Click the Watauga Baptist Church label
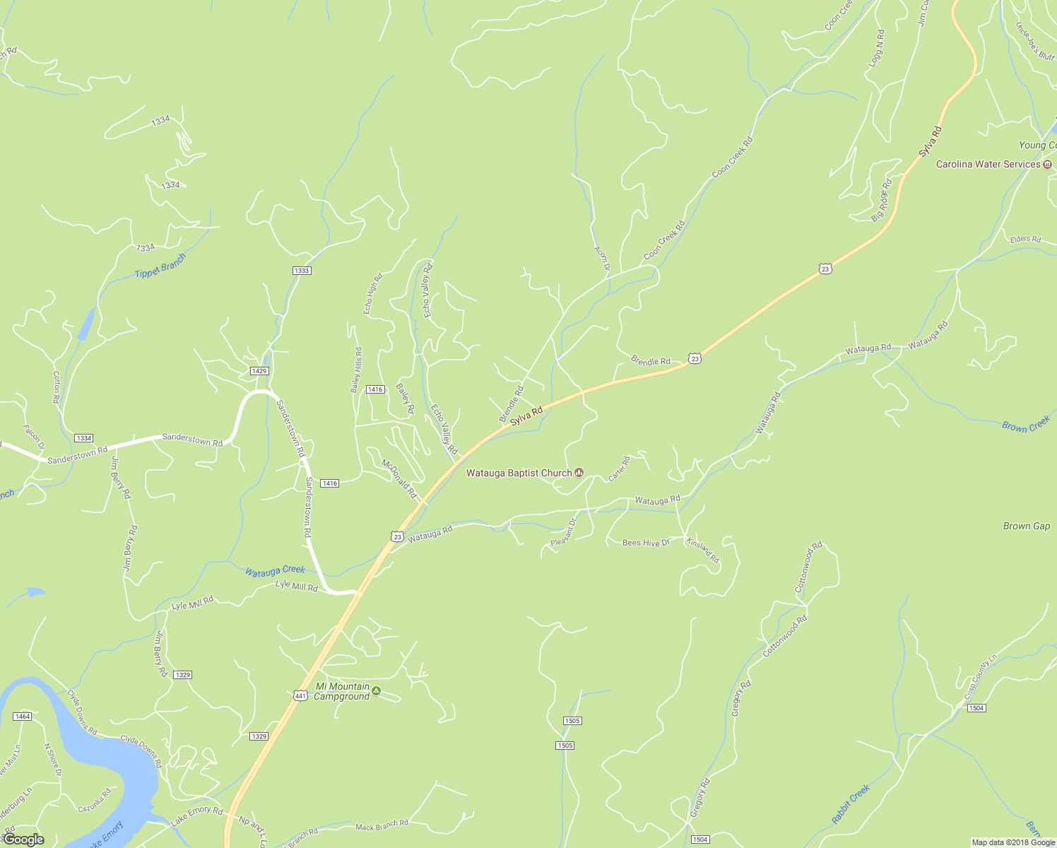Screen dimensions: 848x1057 click(x=519, y=473)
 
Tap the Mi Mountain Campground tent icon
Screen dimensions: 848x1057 click(x=377, y=691)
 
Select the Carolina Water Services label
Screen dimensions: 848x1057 click(x=988, y=164)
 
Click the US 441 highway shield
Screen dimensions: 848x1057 click(x=300, y=695)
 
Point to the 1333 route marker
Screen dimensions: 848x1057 click(x=302, y=271)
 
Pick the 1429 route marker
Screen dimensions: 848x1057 click(x=259, y=371)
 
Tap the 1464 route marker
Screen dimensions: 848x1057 click(x=22, y=717)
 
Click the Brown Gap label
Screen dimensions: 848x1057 click(x=1026, y=526)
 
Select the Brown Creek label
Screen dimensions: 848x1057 click(x=1026, y=425)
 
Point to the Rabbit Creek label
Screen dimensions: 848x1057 click(x=850, y=804)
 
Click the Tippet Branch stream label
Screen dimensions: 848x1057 click(x=160, y=265)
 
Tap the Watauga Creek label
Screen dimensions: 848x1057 click(x=275, y=570)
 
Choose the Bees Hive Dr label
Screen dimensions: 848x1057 click(x=645, y=543)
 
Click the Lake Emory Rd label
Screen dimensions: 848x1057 click(x=196, y=816)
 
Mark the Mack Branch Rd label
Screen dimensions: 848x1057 click(x=382, y=824)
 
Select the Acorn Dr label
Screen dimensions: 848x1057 click(x=601, y=259)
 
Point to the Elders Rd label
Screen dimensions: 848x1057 click(x=1025, y=239)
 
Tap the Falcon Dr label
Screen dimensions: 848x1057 click(x=33, y=438)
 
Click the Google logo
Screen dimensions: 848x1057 click(x=23, y=840)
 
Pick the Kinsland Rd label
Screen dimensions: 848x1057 click(x=702, y=550)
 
